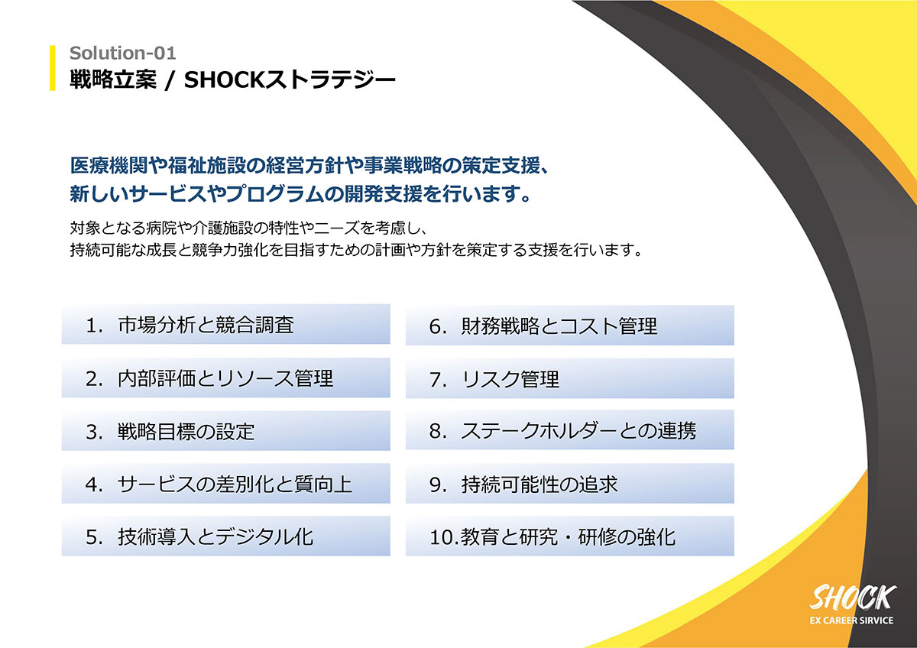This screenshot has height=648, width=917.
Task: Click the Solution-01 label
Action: tap(123, 53)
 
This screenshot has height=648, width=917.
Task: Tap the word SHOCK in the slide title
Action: tap(225, 79)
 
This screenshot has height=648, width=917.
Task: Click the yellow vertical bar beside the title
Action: tap(53, 67)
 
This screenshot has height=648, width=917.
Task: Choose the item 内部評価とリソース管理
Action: tap(225, 377)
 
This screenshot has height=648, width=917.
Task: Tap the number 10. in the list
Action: tap(444, 536)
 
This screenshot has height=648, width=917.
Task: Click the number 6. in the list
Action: tap(438, 326)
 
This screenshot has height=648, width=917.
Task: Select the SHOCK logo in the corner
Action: tap(852, 598)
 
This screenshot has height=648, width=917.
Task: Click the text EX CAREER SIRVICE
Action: tap(851, 620)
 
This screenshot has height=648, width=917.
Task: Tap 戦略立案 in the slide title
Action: tap(113, 79)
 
